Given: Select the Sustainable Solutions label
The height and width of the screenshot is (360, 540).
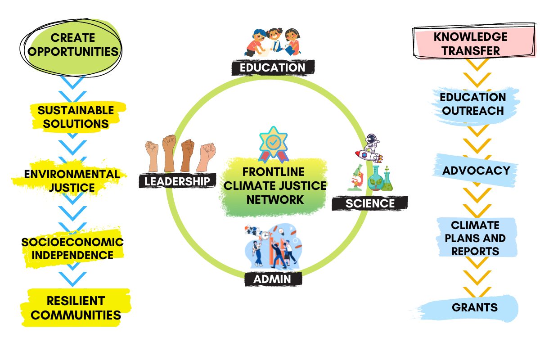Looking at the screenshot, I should click(x=75, y=117).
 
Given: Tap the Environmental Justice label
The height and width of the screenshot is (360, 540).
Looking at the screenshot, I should click(x=66, y=180).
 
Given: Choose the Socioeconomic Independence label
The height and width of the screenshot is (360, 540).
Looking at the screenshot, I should click(x=72, y=248).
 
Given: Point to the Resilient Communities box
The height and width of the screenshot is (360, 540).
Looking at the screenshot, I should click(x=76, y=308).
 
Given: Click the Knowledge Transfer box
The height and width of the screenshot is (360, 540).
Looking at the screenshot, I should click(x=470, y=43).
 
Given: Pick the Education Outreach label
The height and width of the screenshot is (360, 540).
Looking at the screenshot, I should click(x=472, y=103).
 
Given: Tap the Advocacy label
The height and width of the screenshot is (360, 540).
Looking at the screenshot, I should click(x=476, y=171).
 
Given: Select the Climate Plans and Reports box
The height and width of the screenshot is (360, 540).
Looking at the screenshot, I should click(x=475, y=238).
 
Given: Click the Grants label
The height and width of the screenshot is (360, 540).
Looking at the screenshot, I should click(x=475, y=307).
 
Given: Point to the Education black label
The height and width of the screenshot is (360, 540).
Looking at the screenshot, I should click(x=272, y=67).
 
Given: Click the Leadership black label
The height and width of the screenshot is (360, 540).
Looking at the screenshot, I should click(x=177, y=181).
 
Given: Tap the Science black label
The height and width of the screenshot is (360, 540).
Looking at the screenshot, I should click(x=370, y=203).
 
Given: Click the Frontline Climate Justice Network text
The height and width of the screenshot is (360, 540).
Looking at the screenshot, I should click(x=273, y=185).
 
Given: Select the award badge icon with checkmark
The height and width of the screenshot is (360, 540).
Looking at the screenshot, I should click(x=273, y=144).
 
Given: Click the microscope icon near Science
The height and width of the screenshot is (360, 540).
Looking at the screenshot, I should click(x=356, y=178).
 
